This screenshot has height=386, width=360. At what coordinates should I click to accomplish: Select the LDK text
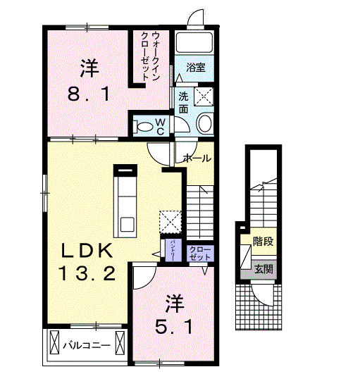pyautogui.click(x=85, y=251)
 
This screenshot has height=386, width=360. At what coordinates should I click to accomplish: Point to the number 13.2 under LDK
pyautogui.click(x=85, y=273)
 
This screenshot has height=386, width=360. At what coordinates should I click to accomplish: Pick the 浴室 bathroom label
pyautogui.click(x=195, y=68)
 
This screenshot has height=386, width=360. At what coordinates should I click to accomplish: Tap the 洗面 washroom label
pyautogui.click(x=183, y=103)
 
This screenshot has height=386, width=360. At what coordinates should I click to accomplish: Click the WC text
pyautogui.click(x=161, y=127)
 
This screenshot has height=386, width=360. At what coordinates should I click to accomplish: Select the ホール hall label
pyautogui.click(x=197, y=158)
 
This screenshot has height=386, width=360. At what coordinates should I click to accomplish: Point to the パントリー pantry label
pyautogui.click(x=173, y=250)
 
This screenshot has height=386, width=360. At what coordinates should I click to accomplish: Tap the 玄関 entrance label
pyautogui.click(x=264, y=269)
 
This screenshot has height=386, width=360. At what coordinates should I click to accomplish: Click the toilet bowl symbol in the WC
pyautogui.click(x=144, y=127)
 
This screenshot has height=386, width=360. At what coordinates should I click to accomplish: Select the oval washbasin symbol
pyautogui.click(x=205, y=125)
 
